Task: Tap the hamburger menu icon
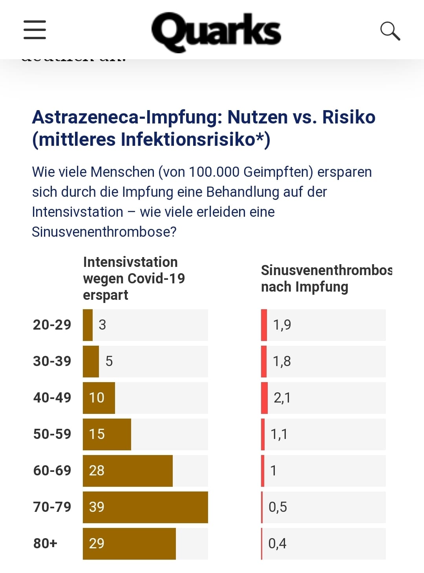click(x=35, y=30)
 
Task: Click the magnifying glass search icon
click(x=390, y=31)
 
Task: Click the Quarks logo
click(x=216, y=31)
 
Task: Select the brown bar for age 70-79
click(x=145, y=507)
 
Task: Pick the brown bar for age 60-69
click(x=128, y=471)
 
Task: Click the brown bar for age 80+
click(x=129, y=544)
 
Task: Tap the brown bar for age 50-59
click(x=107, y=434)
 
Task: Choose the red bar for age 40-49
click(x=264, y=398)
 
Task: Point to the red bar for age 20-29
click(x=264, y=325)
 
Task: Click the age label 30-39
click(x=52, y=361)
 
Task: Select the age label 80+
click(x=45, y=544)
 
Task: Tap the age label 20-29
click(x=52, y=325)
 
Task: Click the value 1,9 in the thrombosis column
click(x=282, y=325)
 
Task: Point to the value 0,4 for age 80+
click(x=277, y=544)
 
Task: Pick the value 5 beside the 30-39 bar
click(x=109, y=361)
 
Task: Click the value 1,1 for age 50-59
click(x=279, y=434)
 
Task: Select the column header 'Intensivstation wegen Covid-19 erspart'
click(x=133, y=278)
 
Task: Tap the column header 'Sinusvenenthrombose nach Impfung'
click(x=326, y=278)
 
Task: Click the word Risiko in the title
click(x=349, y=117)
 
